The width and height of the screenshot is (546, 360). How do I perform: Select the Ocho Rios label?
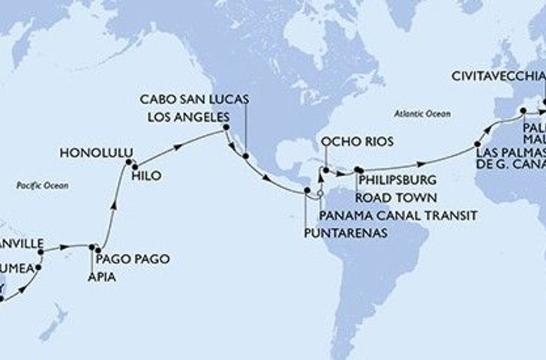click(x=346, y=142)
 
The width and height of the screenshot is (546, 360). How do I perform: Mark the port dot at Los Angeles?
click(x=226, y=130)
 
